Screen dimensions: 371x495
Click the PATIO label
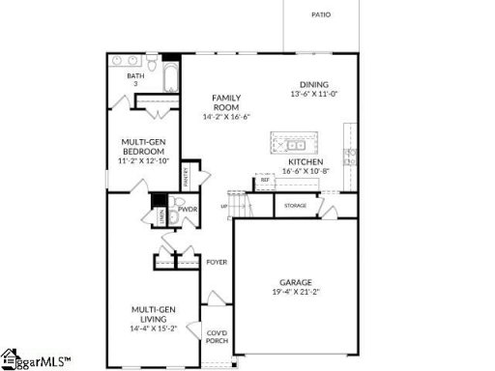click(x=321, y=14)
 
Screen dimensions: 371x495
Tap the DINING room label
click(x=314, y=84)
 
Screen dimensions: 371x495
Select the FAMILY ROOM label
click(x=226, y=102)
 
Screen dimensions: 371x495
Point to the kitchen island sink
click(x=290, y=145)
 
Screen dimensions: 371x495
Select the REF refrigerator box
click(x=264, y=180)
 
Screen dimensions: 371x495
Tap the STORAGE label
click(x=296, y=206)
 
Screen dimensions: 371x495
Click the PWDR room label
click(x=188, y=208)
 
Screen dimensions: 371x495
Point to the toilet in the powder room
click(x=174, y=218)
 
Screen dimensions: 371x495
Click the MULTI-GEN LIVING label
click(x=156, y=314)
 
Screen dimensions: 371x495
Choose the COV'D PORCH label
click(x=218, y=336)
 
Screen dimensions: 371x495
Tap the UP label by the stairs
click(x=224, y=206)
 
